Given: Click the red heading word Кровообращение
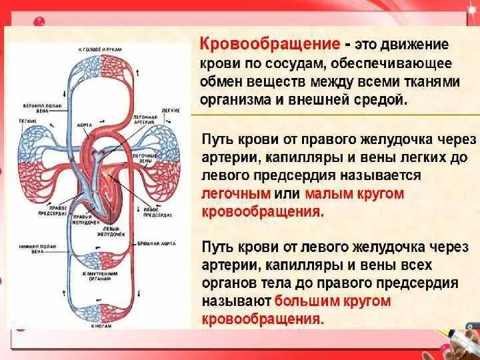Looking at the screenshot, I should [x=271, y=45].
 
